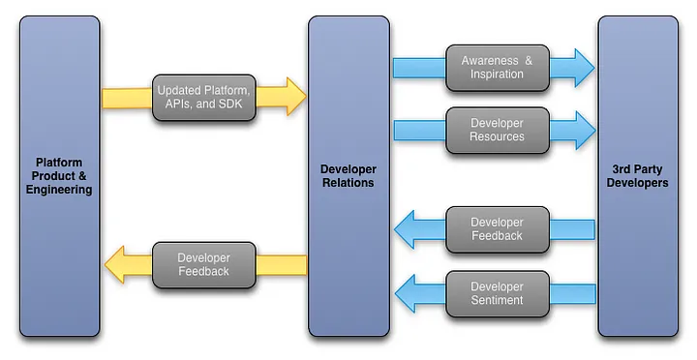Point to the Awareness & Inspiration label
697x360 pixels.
(x=498, y=68)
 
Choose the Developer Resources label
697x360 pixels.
(x=498, y=131)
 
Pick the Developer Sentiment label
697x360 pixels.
(x=498, y=293)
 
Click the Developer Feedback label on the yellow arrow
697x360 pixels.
(x=203, y=265)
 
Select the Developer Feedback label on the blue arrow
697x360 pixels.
(x=498, y=229)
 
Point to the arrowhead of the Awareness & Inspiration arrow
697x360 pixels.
(x=583, y=68)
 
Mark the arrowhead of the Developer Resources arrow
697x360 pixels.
(x=583, y=131)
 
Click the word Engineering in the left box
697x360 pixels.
(x=59, y=190)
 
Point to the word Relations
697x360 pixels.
(x=348, y=183)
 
